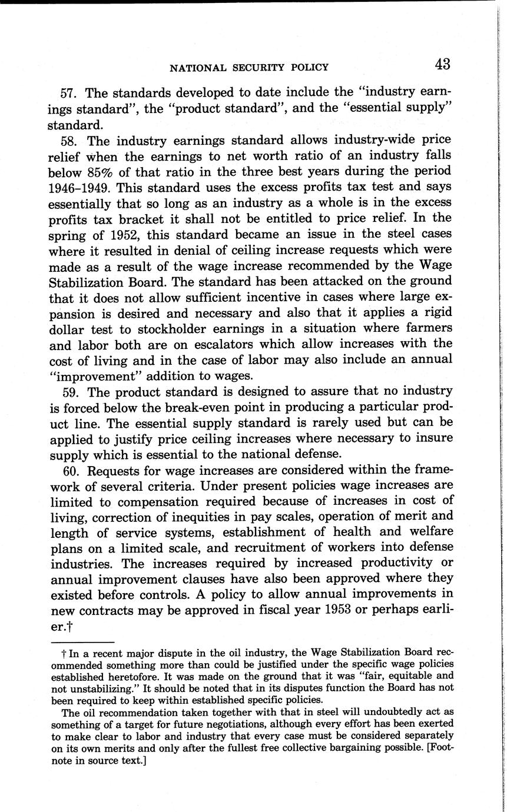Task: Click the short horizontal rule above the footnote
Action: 82,643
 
